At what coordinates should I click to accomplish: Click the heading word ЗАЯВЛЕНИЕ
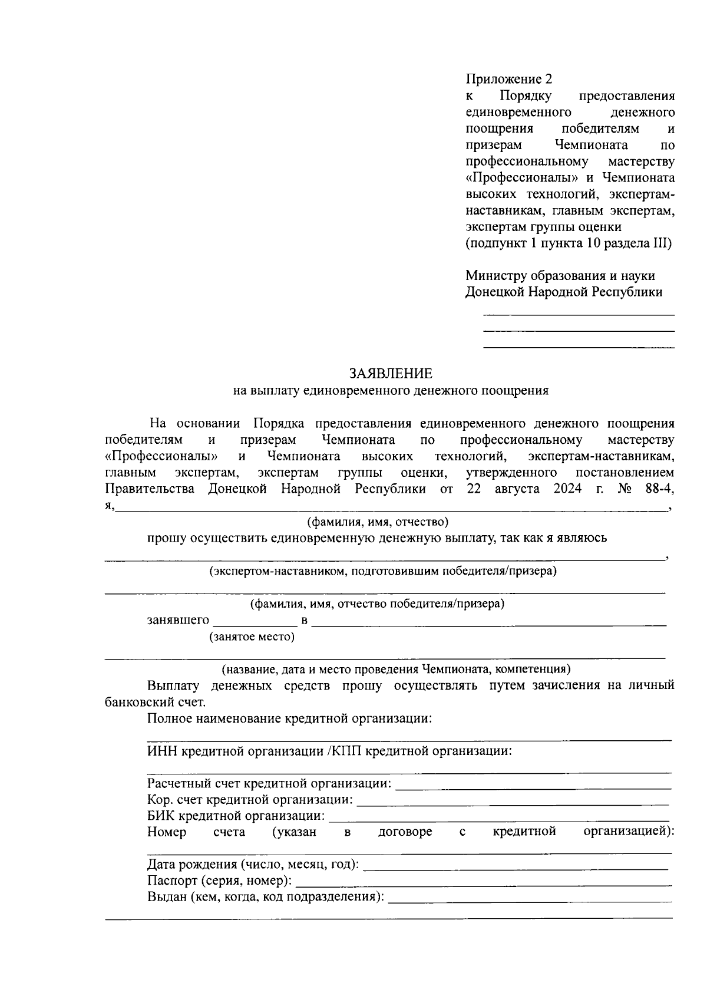click(391, 374)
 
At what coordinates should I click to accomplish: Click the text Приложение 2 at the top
click(509, 79)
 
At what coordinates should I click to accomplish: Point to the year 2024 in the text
click(567, 489)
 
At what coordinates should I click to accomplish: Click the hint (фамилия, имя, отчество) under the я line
click(378, 522)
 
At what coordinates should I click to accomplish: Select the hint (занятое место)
click(252, 637)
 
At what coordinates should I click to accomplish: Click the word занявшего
click(178, 620)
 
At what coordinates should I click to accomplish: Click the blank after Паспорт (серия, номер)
click(483, 882)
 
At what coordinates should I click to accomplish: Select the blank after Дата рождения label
click(516, 866)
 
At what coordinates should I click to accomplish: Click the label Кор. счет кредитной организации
click(250, 800)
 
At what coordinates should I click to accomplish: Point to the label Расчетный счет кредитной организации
click(269, 784)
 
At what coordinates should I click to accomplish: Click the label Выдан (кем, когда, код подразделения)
click(265, 898)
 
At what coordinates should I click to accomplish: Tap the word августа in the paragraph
click(517, 489)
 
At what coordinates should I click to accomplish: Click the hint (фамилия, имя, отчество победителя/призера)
click(377, 604)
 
